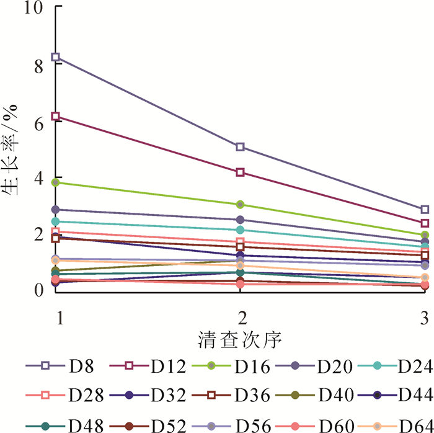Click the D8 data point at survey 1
(56, 57)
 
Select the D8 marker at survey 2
(241, 147)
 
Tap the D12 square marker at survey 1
(56, 117)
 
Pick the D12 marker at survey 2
(241, 172)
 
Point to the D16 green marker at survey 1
(56, 182)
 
